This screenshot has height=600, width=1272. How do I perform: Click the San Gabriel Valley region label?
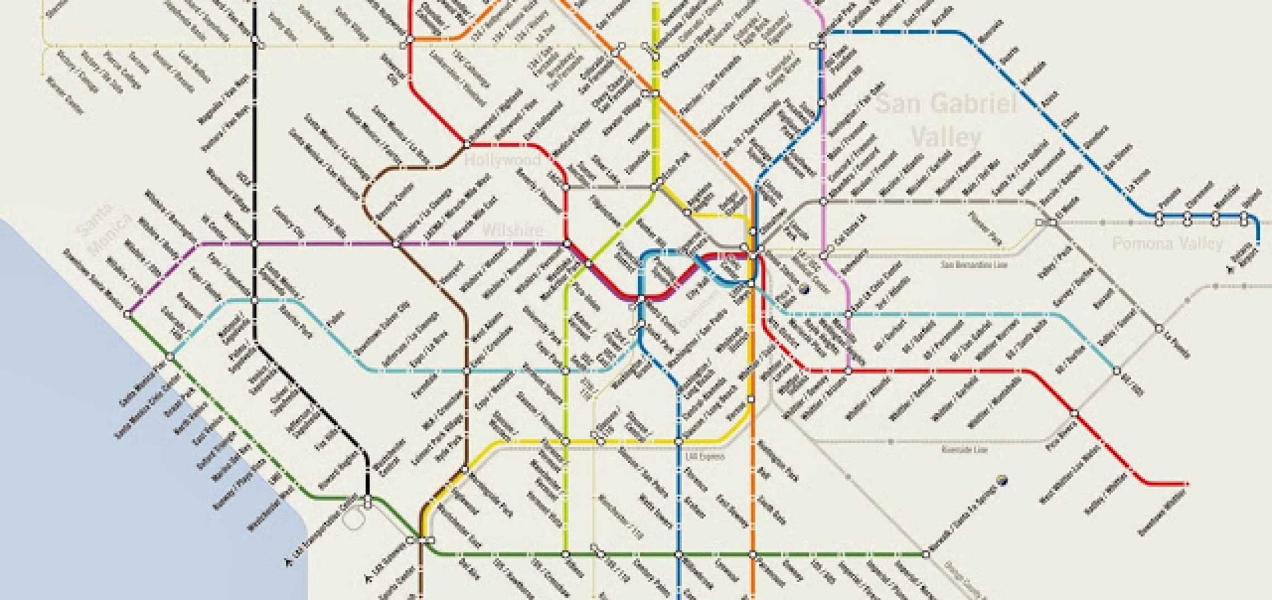click(x=946, y=120)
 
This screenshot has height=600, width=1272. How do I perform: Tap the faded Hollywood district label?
click(x=503, y=161)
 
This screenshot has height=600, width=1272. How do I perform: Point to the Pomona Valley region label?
click(x=1167, y=244)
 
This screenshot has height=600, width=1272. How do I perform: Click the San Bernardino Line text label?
click(x=974, y=264)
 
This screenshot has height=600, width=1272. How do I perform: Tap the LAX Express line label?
click(x=705, y=457)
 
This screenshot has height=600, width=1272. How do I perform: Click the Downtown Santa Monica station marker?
click(x=127, y=314)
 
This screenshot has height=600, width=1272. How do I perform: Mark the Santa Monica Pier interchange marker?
click(x=171, y=356)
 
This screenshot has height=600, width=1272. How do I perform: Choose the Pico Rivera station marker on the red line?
click(x=1074, y=413)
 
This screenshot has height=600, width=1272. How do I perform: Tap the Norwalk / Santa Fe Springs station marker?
click(x=926, y=554)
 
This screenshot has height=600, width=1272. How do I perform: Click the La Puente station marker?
click(x=1159, y=328)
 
